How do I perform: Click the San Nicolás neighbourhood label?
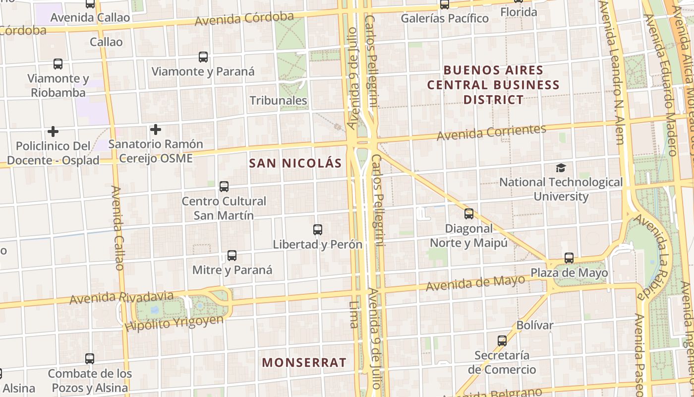[295, 163]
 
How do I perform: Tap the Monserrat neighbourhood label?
[304, 362]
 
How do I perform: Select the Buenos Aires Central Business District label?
[493, 85]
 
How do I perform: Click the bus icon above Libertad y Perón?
[318, 230]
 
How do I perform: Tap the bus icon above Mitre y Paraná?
[231, 256]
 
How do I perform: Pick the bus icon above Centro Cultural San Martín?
[224, 187]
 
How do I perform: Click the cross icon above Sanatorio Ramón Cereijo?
[156, 130]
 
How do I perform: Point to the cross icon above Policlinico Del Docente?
[53, 132]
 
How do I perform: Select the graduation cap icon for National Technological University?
[561, 168]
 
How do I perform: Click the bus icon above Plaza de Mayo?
[569, 258]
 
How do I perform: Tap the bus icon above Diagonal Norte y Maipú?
[468, 214]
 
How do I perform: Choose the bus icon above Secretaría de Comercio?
[502, 341]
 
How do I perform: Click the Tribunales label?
[278, 101]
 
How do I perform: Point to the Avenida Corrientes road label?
[491, 132]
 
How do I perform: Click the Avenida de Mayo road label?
[475, 283]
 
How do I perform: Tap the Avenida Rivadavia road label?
[121, 297]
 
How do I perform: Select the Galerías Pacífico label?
[445, 18]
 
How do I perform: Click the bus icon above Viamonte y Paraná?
[203, 57]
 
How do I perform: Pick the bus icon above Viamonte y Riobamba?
[58, 64]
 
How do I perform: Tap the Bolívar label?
[535, 326]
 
